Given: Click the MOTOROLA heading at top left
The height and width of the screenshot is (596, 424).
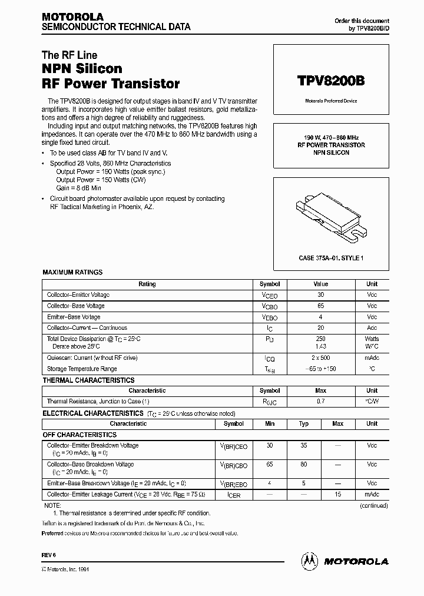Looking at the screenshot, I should [x=72, y=17].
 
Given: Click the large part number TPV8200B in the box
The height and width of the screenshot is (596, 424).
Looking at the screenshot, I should [x=330, y=81].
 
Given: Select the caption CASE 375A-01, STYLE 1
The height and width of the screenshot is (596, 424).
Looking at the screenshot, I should [x=331, y=257].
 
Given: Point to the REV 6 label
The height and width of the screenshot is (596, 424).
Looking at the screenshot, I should [x=48, y=555].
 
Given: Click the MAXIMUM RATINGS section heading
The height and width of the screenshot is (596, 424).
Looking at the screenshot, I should [x=72, y=272].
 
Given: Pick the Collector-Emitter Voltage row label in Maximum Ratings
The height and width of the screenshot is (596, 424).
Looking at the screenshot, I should [x=78, y=294].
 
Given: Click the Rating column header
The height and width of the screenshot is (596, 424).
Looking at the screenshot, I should [x=147, y=284].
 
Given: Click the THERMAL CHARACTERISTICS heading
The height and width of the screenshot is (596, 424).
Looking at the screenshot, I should [x=88, y=380].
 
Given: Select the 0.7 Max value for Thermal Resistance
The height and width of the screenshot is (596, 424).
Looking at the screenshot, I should [x=320, y=401].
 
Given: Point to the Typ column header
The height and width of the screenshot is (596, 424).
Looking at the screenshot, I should [x=304, y=423].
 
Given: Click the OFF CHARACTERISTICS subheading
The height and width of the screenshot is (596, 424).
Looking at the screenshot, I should [x=79, y=435].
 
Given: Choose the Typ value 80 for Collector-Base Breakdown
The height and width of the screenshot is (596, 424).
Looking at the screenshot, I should [x=304, y=465].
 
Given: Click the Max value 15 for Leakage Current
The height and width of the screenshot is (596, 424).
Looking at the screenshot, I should [x=337, y=495].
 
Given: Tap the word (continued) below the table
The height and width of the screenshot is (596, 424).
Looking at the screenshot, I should [x=374, y=505].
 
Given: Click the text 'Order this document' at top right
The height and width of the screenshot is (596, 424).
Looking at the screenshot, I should [x=362, y=21].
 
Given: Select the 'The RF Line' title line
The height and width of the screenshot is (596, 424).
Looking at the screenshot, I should [x=69, y=55].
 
